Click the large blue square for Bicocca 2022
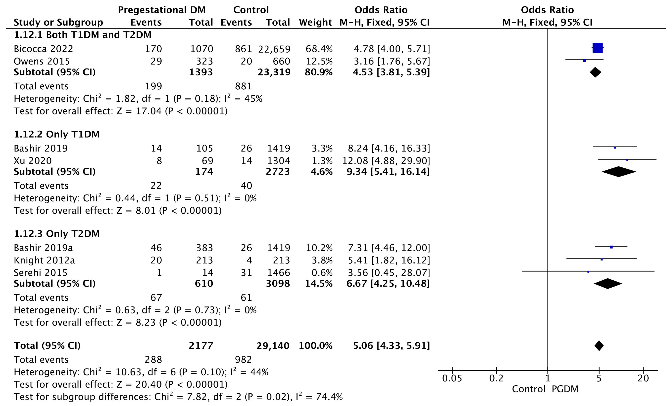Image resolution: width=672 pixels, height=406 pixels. pyautogui.click(x=597, y=48)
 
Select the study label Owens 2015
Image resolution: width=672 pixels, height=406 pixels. pyautogui.click(x=42, y=61)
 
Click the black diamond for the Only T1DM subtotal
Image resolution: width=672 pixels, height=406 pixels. pyautogui.click(x=619, y=172)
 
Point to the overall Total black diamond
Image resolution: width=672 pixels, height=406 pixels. pyautogui.click(x=599, y=346)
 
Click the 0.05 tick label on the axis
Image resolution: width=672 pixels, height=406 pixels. pyautogui.click(x=452, y=378)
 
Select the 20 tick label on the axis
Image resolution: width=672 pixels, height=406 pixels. pyautogui.click(x=643, y=378)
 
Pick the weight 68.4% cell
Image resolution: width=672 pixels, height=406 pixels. pyautogui.click(x=319, y=49)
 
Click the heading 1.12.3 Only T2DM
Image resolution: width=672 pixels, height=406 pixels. pyautogui.click(x=57, y=234)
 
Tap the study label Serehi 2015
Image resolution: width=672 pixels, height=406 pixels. pyautogui.click(x=41, y=273)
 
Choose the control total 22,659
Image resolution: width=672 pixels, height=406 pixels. pyautogui.click(x=274, y=49)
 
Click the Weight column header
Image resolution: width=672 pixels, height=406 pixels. pyautogui.click(x=315, y=22)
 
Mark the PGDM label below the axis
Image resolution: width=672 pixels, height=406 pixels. pyautogui.click(x=565, y=389)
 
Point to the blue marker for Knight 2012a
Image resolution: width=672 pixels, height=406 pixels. pyautogui.click(x=602, y=259)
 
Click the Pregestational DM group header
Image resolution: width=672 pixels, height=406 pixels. pyautogui.click(x=161, y=10)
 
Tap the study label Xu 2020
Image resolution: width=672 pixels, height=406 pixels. pyautogui.click(x=33, y=161)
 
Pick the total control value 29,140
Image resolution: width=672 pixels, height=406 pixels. pyautogui.click(x=273, y=346)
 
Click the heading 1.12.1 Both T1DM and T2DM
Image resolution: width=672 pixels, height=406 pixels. pyautogui.click(x=83, y=35)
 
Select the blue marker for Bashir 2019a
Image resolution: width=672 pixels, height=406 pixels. pyautogui.click(x=611, y=247)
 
